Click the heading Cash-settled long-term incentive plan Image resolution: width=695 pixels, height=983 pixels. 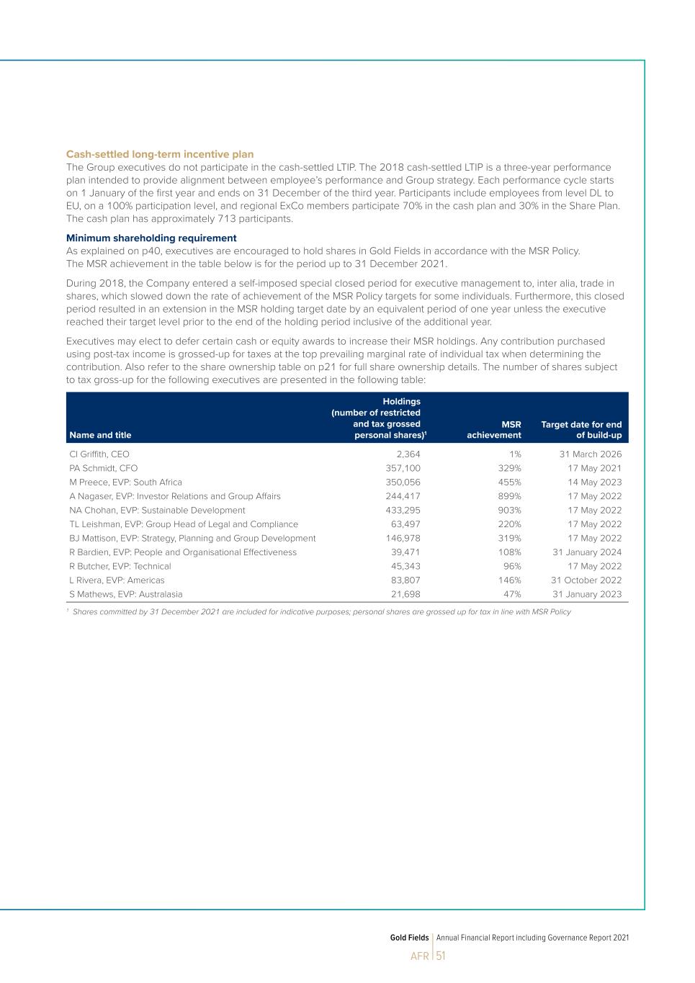(x=160, y=154)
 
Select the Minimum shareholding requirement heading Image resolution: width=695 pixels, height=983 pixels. (x=151, y=238)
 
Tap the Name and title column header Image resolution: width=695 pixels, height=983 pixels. (x=100, y=435)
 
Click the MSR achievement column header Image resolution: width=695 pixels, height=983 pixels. (x=494, y=430)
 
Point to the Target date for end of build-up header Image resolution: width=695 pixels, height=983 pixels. (x=581, y=430)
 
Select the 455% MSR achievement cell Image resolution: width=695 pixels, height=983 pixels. (x=509, y=482)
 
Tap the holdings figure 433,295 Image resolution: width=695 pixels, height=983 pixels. (x=403, y=510)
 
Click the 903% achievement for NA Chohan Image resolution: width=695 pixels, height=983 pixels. (x=509, y=510)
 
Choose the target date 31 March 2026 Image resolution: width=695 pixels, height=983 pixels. (x=591, y=454)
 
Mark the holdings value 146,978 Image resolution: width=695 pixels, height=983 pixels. (x=403, y=538)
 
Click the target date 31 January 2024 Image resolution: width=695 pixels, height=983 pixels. (x=587, y=552)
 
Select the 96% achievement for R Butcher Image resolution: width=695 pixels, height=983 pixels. (x=512, y=566)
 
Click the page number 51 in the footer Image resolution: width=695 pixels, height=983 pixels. (x=441, y=956)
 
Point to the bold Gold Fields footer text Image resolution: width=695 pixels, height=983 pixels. (x=409, y=938)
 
